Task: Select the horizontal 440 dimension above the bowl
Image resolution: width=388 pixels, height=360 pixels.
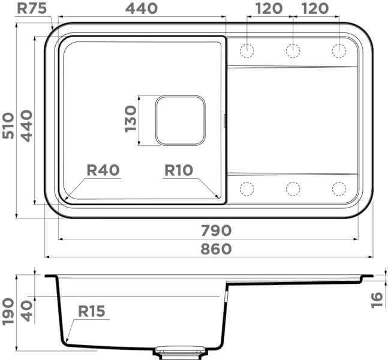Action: point(142,8)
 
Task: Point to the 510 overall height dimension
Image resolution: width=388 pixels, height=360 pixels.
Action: point(8,125)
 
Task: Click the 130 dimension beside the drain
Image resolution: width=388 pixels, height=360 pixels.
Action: point(130,120)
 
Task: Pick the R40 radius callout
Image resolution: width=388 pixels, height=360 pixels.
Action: point(103,170)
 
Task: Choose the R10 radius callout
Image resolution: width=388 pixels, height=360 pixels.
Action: point(179,170)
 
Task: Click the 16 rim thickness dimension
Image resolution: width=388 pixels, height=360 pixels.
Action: point(376,298)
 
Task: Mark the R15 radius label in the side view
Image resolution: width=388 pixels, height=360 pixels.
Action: point(91,311)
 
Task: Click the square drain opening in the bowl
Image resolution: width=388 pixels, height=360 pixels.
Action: point(180,120)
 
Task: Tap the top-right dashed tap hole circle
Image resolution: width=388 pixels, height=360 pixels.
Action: point(339,50)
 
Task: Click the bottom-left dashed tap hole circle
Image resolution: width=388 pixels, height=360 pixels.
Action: point(246,189)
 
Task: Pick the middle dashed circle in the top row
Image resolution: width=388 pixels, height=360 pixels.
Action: point(293,50)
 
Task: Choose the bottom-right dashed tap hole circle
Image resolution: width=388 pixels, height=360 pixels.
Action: point(339,189)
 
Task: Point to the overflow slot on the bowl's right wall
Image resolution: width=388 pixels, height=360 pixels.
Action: point(225,121)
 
